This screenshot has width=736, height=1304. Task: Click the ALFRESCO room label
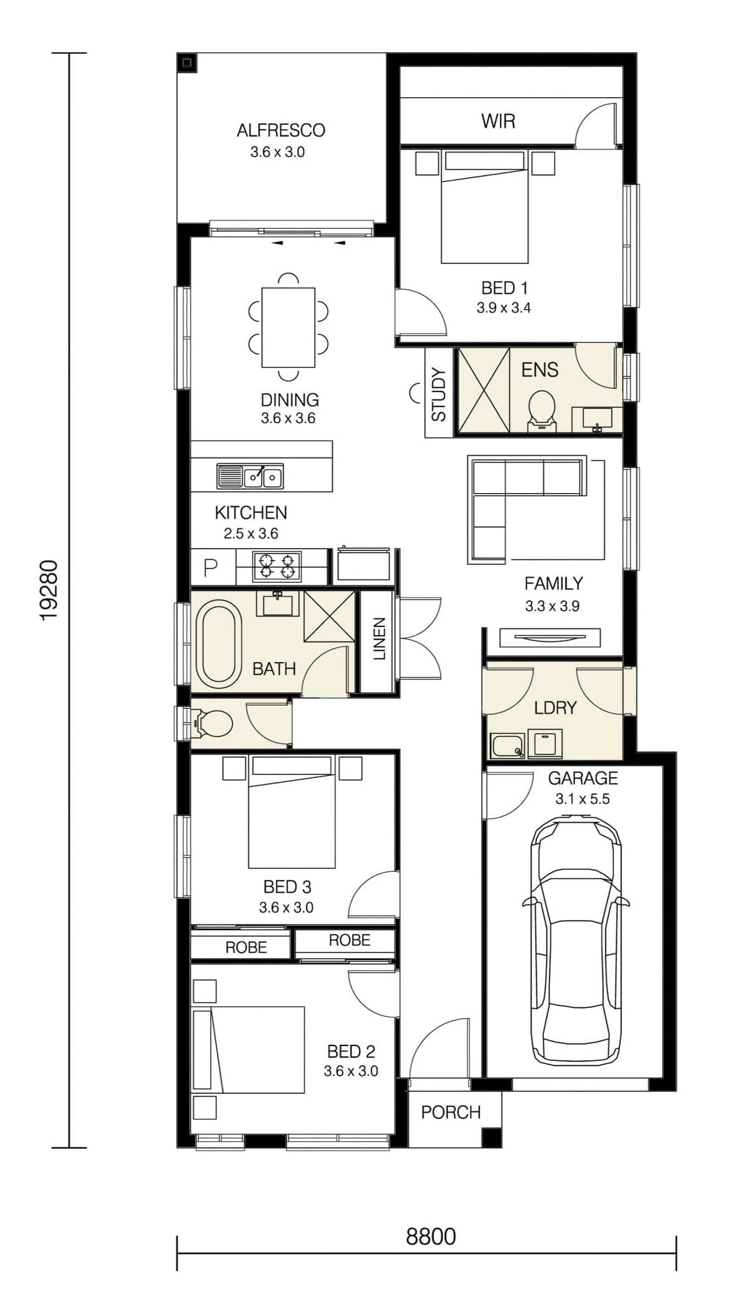point(280,130)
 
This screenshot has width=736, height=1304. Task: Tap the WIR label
point(498,121)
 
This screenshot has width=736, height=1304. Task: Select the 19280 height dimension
point(49,590)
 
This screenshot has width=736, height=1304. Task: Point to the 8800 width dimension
point(431,1236)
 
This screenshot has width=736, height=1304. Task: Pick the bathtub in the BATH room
point(218,641)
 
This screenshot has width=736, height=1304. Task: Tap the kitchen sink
point(249,476)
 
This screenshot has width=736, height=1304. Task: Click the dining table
point(288,327)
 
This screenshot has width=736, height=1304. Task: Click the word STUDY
point(439,395)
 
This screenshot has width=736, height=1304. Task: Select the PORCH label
point(451,1111)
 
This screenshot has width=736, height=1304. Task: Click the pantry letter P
point(211,567)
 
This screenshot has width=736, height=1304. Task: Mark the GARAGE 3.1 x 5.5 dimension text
point(583,798)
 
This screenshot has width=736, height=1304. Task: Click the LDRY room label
point(555,707)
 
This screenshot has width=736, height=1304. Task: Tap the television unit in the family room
point(550,638)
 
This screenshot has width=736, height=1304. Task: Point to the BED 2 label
point(351,1052)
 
